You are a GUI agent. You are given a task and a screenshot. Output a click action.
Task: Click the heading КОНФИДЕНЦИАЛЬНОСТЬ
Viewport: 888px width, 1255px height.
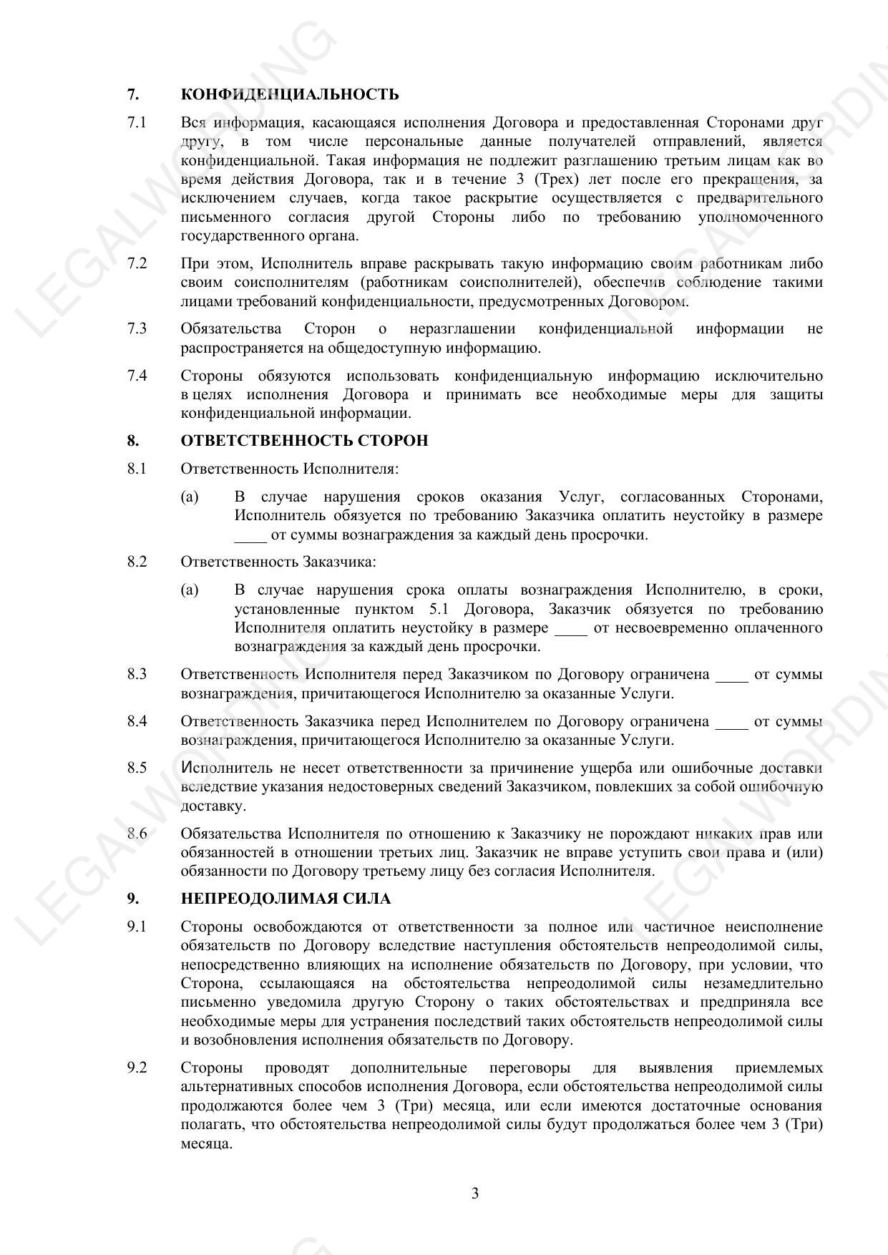[290, 94]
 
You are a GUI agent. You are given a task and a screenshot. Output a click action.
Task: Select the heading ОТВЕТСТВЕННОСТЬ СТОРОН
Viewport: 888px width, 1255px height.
[304, 440]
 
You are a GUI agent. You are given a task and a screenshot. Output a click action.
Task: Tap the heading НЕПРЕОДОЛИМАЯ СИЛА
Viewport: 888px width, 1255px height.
[286, 899]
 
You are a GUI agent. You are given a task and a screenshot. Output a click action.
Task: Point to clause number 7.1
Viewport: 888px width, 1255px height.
[137, 122]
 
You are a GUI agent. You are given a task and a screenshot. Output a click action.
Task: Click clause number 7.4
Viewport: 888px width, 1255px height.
[137, 376]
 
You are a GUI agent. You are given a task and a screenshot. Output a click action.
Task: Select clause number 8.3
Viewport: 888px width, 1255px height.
[137, 674]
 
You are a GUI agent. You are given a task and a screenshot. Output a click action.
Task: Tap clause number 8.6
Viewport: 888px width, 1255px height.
[137, 834]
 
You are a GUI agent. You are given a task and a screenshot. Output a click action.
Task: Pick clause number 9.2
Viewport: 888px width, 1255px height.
[137, 1068]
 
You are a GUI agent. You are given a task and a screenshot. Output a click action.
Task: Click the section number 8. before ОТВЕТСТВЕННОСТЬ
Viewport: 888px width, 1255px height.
[133, 440]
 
